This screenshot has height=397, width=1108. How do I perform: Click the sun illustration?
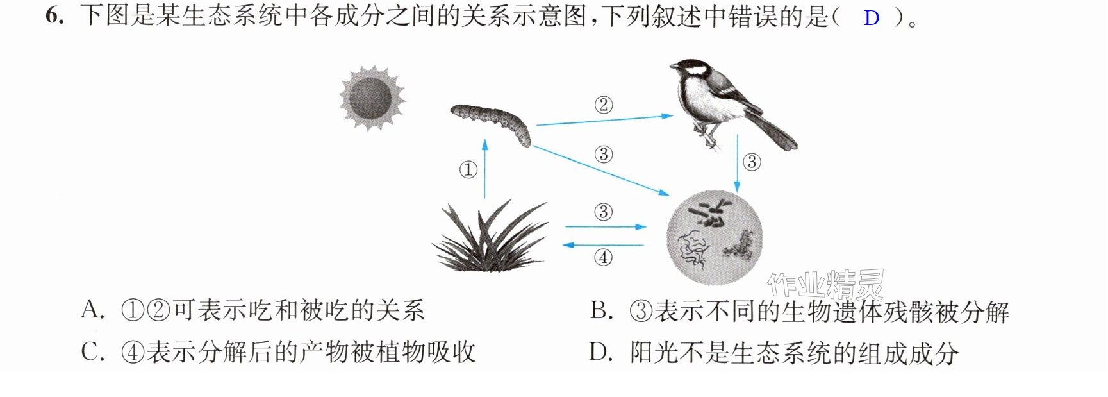point(372,98)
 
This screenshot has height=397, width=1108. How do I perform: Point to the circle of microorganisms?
point(715,237)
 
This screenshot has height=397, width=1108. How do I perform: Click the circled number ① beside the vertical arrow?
point(468,170)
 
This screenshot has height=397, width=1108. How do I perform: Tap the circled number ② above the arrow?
point(603,105)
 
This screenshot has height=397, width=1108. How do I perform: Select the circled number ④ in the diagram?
point(603,257)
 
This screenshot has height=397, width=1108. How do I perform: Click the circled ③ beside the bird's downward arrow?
point(752,162)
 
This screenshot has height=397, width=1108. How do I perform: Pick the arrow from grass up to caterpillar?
point(484,169)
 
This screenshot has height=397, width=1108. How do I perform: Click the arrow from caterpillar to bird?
point(604,120)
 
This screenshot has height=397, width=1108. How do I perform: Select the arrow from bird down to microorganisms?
point(737,163)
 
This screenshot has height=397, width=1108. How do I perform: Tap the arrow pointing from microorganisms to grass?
point(603,245)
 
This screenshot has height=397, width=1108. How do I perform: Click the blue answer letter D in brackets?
point(871,18)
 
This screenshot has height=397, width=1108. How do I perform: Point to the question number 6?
point(54,15)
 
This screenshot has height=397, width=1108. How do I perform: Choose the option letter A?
point(92,310)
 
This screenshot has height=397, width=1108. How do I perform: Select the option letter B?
point(601,311)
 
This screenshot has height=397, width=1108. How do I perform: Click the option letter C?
point(93,352)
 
